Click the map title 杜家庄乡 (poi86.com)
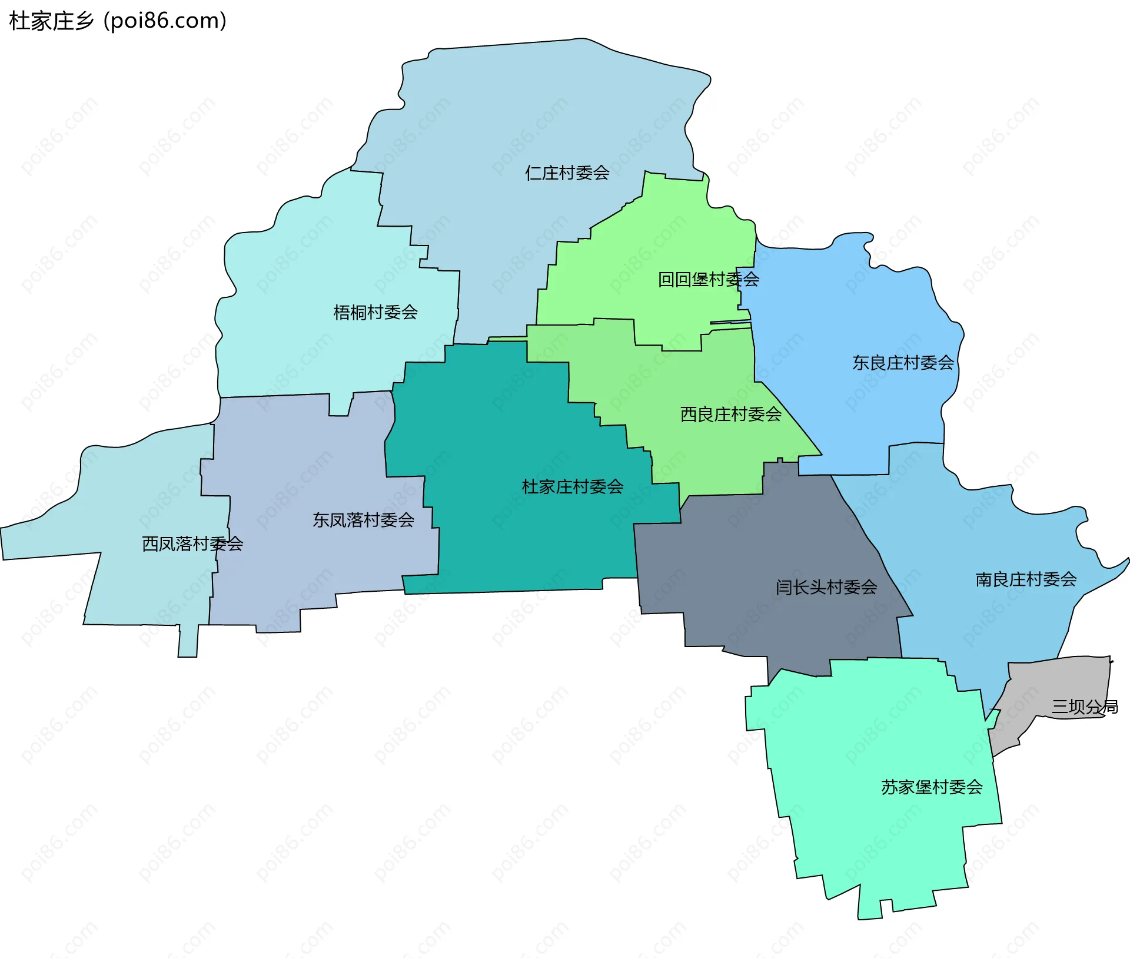118,21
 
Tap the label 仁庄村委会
567,173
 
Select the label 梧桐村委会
375,312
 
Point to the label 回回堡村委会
708,280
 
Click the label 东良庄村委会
903,363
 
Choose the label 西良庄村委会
730,415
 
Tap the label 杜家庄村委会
572,487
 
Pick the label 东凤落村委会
363,520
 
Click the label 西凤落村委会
192,543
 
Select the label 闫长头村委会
826,587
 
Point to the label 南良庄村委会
1026,580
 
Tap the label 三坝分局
1085,707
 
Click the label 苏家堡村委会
932,787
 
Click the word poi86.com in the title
165,21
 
